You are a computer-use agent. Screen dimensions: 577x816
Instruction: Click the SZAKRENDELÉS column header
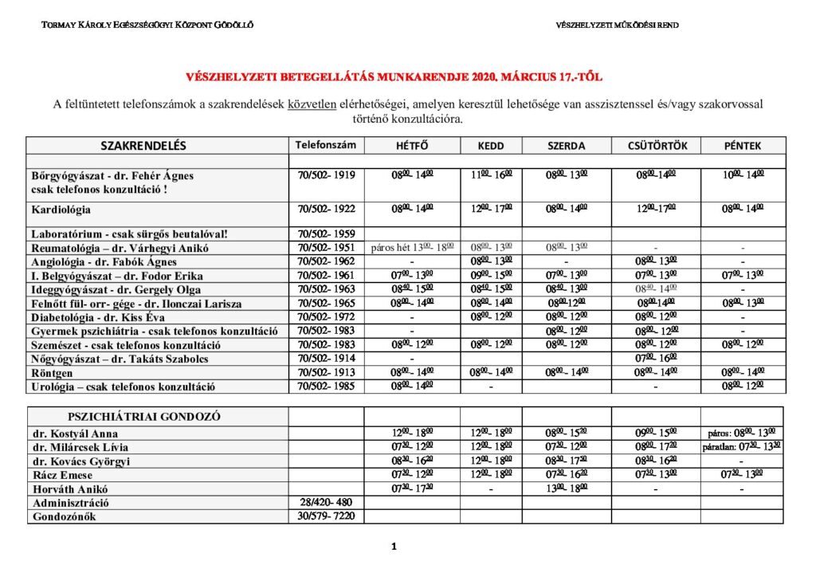click(143, 146)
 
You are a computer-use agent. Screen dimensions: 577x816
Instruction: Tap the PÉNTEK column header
click(743, 146)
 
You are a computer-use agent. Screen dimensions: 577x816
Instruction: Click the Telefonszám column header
click(326, 145)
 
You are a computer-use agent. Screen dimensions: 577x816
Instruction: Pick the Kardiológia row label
click(61, 210)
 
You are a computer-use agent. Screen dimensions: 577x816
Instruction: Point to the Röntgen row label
click(52, 372)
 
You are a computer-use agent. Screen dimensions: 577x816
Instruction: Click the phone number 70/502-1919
click(326, 175)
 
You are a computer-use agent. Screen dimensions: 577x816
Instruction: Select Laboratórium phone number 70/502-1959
click(326, 234)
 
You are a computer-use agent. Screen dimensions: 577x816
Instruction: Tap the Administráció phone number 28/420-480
click(326, 503)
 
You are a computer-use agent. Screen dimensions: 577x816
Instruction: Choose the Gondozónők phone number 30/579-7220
click(326, 516)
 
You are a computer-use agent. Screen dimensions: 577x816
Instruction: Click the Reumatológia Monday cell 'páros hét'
click(412, 248)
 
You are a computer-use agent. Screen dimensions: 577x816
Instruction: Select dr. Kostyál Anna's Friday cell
click(743, 433)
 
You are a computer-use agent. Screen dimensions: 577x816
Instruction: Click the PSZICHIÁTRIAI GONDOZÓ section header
click(144, 417)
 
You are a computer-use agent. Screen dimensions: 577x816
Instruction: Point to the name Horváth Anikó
click(70, 489)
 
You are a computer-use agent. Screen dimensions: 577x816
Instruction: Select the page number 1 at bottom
click(394, 547)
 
